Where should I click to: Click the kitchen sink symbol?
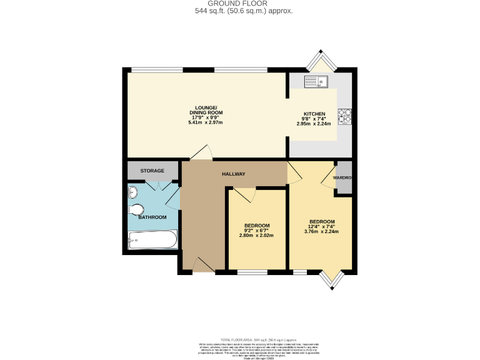316,81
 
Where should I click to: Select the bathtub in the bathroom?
152,239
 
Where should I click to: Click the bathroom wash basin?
132,192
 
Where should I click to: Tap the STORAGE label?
152,171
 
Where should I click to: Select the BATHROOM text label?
152,217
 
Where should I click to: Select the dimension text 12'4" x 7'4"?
322,227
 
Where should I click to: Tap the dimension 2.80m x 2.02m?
257,236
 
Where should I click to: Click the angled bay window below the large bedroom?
331,279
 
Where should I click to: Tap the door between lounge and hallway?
201,154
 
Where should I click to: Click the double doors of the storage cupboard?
154,186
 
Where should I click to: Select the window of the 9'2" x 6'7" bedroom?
252,272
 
